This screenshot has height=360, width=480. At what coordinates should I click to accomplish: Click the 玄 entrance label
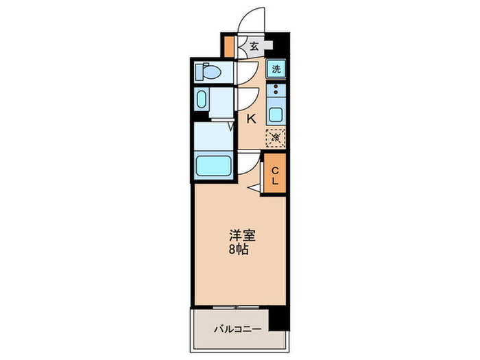(x=254, y=47)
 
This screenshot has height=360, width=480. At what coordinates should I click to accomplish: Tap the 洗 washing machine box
(x=276, y=69)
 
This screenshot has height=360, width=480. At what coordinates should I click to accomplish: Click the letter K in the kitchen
(x=251, y=119)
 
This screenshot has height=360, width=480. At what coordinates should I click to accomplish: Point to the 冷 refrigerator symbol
(x=276, y=137)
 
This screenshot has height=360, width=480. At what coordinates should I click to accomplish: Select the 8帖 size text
(x=239, y=250)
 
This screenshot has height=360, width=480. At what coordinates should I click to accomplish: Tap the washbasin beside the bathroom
(x=200, y=100)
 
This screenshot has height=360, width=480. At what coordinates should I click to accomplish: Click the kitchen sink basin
(x=276, y=115)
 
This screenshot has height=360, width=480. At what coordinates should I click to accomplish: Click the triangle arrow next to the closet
(x=254, y=187)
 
